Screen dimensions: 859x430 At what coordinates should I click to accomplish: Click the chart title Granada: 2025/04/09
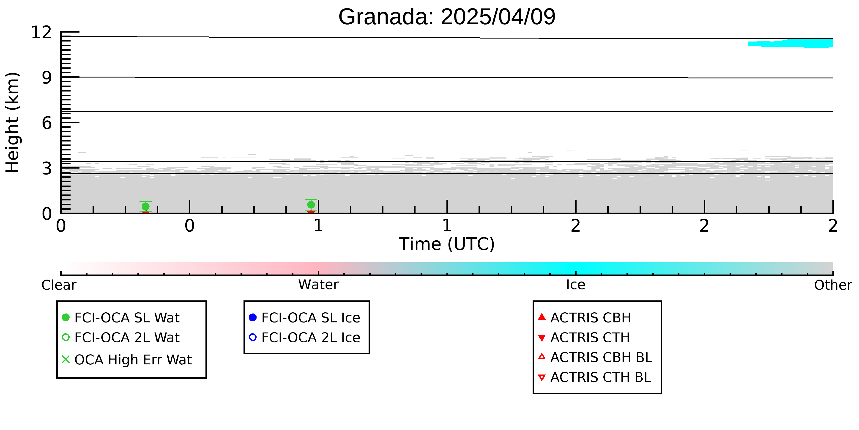point(447,17)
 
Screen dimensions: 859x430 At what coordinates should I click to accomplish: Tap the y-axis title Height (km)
point(13,122)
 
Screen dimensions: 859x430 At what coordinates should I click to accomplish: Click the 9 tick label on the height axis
point(47,78)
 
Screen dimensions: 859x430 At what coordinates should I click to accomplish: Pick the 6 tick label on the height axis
point(47,123)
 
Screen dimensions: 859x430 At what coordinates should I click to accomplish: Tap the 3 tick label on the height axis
point(47,169)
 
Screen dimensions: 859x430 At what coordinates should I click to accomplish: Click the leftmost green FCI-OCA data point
point(145,207)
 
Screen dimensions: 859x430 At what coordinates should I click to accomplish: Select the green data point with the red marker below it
point(311,205)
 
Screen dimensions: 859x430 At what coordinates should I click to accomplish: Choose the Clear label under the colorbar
point(59,285)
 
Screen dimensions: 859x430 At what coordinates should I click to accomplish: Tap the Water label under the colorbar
point(318,285)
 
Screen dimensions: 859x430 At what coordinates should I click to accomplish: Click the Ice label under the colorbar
point(576,285)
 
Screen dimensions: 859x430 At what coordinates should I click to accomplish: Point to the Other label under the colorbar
point(833,285)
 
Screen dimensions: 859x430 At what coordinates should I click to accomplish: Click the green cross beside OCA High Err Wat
point(66,360)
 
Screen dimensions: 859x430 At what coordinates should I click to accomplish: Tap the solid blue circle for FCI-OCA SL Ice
point(253,317)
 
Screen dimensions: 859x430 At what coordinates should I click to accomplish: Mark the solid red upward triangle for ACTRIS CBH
point(542,316)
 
